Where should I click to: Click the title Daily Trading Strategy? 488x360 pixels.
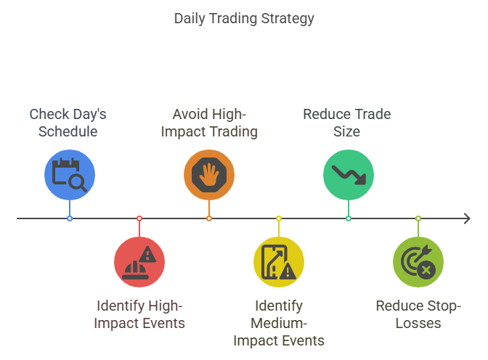click(244, 18)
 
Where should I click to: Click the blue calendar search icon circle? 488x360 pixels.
click(70, 174)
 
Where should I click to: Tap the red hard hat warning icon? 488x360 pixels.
click(139, 261)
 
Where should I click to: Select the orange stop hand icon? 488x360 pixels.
click(209, 174)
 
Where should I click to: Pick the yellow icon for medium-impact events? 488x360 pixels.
click(279, 261)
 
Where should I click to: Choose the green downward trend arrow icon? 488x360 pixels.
click(349, 174)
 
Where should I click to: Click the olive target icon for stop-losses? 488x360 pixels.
click(418, 261)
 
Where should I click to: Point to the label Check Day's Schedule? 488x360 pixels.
click(68, 123)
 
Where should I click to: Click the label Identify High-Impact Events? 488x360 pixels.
click(139, 314)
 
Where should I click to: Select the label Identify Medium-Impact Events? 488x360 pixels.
click(279, 323)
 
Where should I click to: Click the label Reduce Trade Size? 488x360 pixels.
click(346, 123)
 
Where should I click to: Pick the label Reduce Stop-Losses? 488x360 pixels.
click(418, 314)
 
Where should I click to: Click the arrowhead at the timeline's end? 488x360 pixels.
click(466, 218)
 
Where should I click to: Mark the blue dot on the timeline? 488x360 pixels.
click(70, 218)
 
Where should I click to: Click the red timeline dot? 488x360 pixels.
click(139, 218)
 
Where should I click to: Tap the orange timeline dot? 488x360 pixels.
click(209, 218)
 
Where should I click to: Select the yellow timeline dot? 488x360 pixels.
click(279, 218)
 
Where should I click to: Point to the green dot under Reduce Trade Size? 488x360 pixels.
click(349, 218)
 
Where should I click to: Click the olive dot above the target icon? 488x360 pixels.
click(418, 218)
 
